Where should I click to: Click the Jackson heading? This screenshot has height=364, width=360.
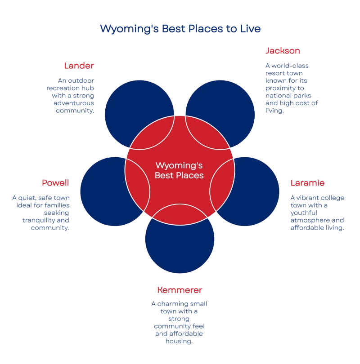click(283, 51)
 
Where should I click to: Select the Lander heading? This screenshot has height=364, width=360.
click(79, 66)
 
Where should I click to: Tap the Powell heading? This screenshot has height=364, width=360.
click(55, 183)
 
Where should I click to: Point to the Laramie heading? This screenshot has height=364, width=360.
click(307, 183)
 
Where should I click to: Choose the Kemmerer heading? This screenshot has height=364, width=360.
click(180, 290)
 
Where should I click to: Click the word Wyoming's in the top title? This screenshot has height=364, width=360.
click(130, 29)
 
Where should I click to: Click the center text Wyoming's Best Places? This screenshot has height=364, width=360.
click(179, 170)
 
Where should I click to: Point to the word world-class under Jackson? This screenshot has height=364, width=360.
click(290, 66)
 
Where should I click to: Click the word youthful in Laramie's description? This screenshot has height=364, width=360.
click(304, 213)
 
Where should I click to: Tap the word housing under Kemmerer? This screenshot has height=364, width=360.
click(179, 341)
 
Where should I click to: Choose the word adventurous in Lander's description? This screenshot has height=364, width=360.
click(74, 103)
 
